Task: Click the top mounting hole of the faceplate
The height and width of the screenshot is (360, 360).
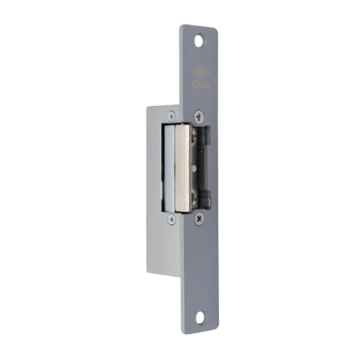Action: pos(199,41)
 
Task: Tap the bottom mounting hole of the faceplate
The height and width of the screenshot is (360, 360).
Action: pos(201,318)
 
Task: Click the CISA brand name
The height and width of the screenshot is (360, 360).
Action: pos(201,84)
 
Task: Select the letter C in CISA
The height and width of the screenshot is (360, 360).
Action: pos(195,84)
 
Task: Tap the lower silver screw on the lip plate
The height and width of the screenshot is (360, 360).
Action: pos(171,219)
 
